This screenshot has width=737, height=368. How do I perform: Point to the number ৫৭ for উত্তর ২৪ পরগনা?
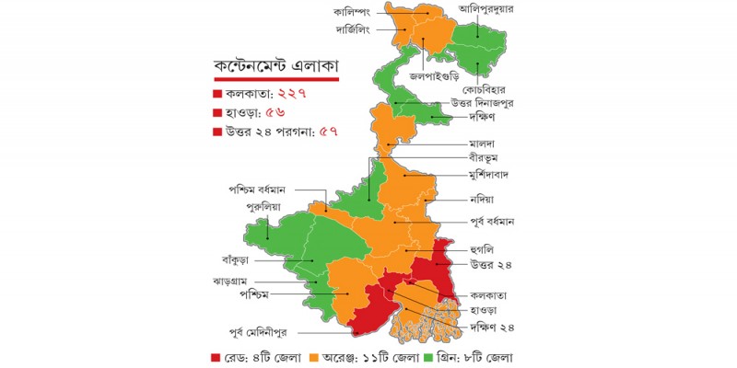coord(329,132)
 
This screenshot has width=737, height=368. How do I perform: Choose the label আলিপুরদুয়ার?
coord(505,9)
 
